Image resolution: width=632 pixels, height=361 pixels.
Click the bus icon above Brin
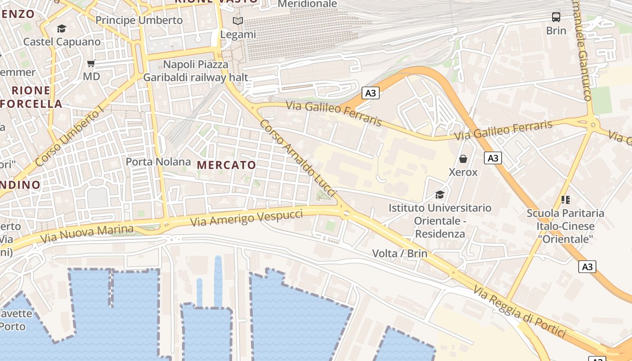(556, 17)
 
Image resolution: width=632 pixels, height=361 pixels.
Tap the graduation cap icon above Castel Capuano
(61, 29)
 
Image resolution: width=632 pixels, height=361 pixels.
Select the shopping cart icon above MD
(91, 64)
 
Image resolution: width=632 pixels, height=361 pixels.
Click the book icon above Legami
(238, 21)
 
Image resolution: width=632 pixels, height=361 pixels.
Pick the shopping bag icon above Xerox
(463, 159)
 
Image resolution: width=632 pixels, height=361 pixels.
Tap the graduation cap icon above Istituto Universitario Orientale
(440, 194)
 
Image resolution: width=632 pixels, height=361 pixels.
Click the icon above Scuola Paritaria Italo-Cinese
(565, 199)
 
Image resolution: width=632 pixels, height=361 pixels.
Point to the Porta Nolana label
(158, 162)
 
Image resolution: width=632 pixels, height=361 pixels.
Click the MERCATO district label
(227, 165)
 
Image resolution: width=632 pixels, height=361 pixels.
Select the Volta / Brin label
(400, 253)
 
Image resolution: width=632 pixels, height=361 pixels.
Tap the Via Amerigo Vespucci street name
(246, 218)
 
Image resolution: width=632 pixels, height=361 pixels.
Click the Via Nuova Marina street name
(87, 234)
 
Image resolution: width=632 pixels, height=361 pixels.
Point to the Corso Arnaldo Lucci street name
(298, 157)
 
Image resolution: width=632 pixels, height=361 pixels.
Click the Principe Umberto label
(139, 20)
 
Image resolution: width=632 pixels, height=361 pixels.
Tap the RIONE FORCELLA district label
(32, 97)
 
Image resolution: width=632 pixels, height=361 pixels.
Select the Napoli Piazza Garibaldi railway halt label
(196, 71)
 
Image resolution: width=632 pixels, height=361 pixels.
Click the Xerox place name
(463, 172)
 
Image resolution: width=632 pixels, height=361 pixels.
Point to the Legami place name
(238, 34)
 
